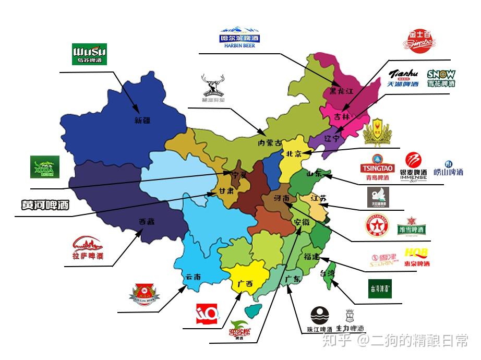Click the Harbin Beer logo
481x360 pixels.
[x=239, y=38]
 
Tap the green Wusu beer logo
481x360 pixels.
[x=89, y=54]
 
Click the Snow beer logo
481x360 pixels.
[x=441, y=78]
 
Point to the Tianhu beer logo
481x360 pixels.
[x=403, y=78]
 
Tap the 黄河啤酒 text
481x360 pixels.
[x=45, y=205]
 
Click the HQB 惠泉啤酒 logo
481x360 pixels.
[x=417, y=257]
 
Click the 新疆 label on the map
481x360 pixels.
[x=142, y=120]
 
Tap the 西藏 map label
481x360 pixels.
[x=147, y=221]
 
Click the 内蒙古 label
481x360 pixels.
[x=270, y=142]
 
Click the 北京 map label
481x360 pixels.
[x=294, y=154]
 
